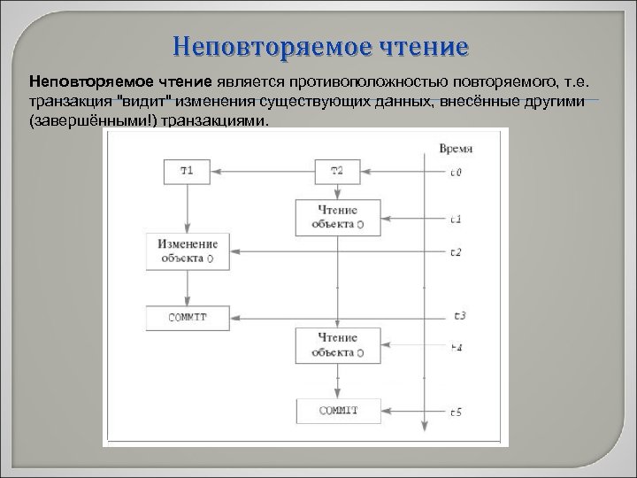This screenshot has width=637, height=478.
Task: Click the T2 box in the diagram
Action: click(x=337, y=172)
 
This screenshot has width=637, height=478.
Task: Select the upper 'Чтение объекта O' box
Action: click(x=337, y=217)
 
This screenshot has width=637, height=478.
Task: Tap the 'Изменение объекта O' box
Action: click(x=188, y=251)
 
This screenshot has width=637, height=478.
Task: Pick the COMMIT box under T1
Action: click(x=188, y=316)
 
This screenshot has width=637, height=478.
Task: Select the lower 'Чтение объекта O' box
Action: click(x=337, y=344)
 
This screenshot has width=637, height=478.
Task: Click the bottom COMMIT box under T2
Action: click(x=337, y=410)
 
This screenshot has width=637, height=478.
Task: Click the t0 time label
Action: click(x=455, y=173)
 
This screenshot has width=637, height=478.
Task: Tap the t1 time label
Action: click(x=455, y=218)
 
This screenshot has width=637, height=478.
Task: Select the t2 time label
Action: click(x=455, y=252)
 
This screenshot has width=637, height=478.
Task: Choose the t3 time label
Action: click(x=458, y=315)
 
